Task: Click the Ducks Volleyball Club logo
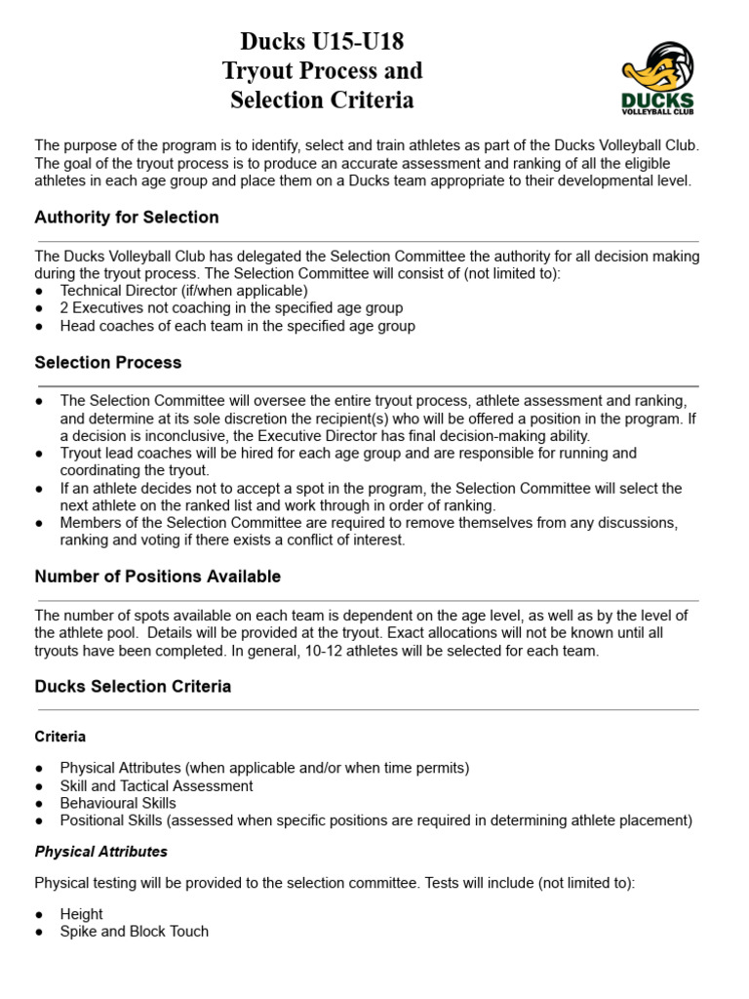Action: (x=657, y=78)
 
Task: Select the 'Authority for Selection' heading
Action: (x=127, y=217)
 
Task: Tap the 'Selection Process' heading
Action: (x=108, y=362)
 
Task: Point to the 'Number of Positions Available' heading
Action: (x=158, y=577)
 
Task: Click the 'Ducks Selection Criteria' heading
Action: (x=134, y=686)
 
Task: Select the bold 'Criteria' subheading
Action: (x=60, y=737)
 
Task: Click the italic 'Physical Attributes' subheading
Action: (x=101, y=852)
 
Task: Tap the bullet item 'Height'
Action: (x=81, y=914)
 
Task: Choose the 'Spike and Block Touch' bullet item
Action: (x=135, y=932)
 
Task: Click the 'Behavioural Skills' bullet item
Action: (x=118, y=803)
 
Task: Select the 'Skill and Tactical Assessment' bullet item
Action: (x=156, y=785)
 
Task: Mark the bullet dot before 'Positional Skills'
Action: (x=39, y=821)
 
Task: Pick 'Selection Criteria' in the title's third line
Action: (x=322, y=100)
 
